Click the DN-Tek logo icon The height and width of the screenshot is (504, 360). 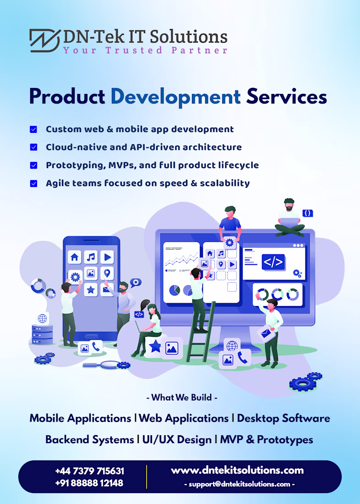tap(45, 40)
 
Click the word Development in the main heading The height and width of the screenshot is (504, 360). tap(175, 96)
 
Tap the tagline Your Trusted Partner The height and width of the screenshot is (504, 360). tap(145, 50)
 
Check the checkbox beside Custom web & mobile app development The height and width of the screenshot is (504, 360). tap(33, 129)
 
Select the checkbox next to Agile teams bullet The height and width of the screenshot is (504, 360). tap(33, 184)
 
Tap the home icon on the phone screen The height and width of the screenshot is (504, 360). tap(75, 257)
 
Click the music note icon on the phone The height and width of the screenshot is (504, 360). tap(91, 257)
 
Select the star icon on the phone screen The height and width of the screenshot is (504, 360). tap(91, 290)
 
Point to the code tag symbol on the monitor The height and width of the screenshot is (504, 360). tap(273, 262)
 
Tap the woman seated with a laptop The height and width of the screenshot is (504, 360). tap(147, 328)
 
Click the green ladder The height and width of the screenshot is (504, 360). tap(200, 332)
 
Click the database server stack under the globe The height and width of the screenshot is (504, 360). tap(43, 334)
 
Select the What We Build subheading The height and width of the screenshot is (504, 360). tap(182, 398)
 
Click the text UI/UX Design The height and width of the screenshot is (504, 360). tap(177, 440)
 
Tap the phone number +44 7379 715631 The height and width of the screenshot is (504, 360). tap(89, 471)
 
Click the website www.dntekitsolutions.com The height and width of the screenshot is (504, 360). tap(237, 471)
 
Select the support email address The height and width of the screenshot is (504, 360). tap(240, 484)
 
